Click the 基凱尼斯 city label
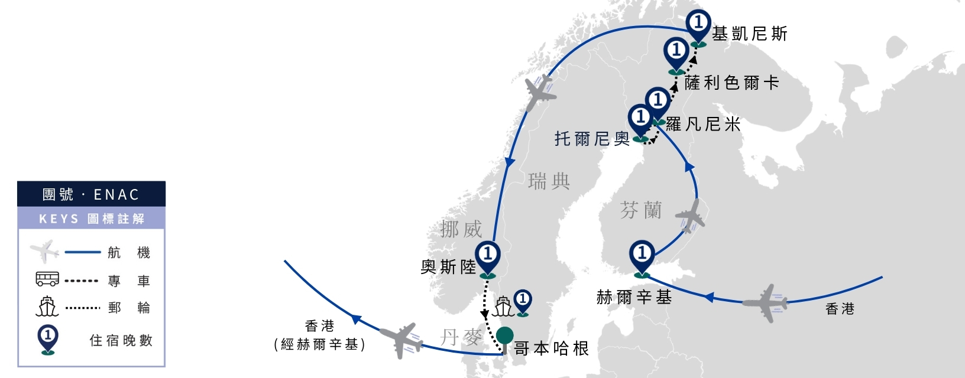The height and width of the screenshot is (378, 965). coord(750,34)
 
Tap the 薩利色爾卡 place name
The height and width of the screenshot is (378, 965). coord(731,83)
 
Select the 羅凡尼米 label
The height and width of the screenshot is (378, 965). coord(703,125)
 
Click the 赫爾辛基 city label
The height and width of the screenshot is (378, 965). coord(634,297)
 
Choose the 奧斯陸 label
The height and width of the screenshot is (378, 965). coord(448,267)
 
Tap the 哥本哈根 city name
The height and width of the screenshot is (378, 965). coord(552,348)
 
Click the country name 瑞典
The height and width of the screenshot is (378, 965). coord(549,181)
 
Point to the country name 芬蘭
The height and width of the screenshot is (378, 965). coord(641,210)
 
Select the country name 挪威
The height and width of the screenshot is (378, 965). coord(461,229)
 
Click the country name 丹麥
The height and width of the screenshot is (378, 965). coord(461,337)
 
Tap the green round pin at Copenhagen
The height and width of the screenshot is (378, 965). coord(504,336)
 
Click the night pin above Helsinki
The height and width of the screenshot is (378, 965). coord(642,258)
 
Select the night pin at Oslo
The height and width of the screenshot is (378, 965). coord(488,258)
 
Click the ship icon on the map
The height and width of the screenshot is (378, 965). coord(503,306)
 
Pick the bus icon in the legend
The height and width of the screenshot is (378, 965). coord(47,279)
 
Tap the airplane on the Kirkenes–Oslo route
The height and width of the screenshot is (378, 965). coord(539,93)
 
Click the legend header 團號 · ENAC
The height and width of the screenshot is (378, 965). coord(91,194)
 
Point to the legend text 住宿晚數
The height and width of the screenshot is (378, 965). coord(121,341)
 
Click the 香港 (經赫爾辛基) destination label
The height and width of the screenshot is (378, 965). coord(320,335)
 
